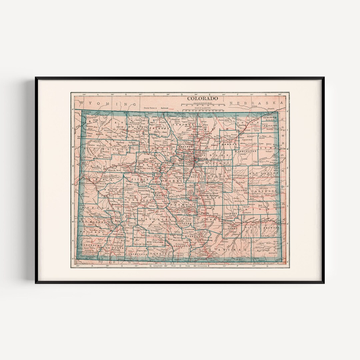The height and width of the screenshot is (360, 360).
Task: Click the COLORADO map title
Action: (202, 98)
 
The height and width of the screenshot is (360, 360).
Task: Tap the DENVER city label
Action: (202, 159)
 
